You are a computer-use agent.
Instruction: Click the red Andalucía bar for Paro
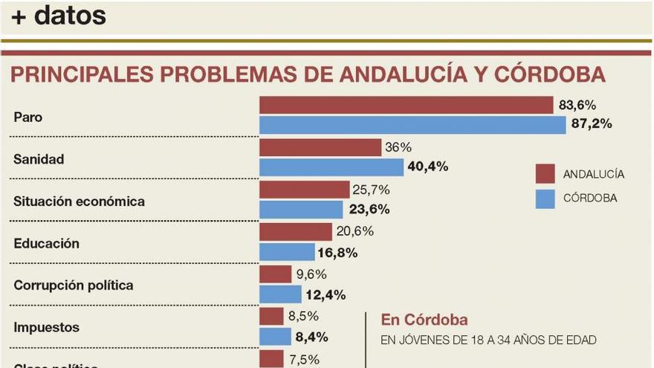(x=406, y=106)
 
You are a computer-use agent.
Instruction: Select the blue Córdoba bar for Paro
(x=412, y=124)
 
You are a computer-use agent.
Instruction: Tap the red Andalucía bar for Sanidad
(x=320, y=148)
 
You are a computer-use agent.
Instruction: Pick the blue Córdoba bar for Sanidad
(x=331, y=167)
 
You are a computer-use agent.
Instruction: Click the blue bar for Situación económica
(x=301, y=209)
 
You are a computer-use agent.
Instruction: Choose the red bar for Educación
(x=295, y=232)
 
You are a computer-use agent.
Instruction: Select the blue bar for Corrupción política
(x=280, y=294)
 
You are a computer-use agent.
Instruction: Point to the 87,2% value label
(x=592, y=124)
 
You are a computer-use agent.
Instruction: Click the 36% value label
(x=398, y=148)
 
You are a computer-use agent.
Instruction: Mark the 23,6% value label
(x=369, y=209)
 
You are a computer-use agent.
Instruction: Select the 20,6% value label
(x=355, y=232)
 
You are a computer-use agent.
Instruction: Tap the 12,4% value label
(x=326, y=294)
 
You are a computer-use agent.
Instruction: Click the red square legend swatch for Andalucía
(x=545, y=174)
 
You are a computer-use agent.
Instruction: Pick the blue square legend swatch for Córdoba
(x=545, y=198)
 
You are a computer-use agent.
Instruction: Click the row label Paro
(x=28, y=117)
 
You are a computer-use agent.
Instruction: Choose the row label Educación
(x=46, y=243)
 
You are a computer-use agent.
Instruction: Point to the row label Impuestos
(x=46, y=327)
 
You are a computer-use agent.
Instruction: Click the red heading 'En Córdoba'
(x=424, y=320)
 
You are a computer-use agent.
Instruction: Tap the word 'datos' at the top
(x=71, y=15)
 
